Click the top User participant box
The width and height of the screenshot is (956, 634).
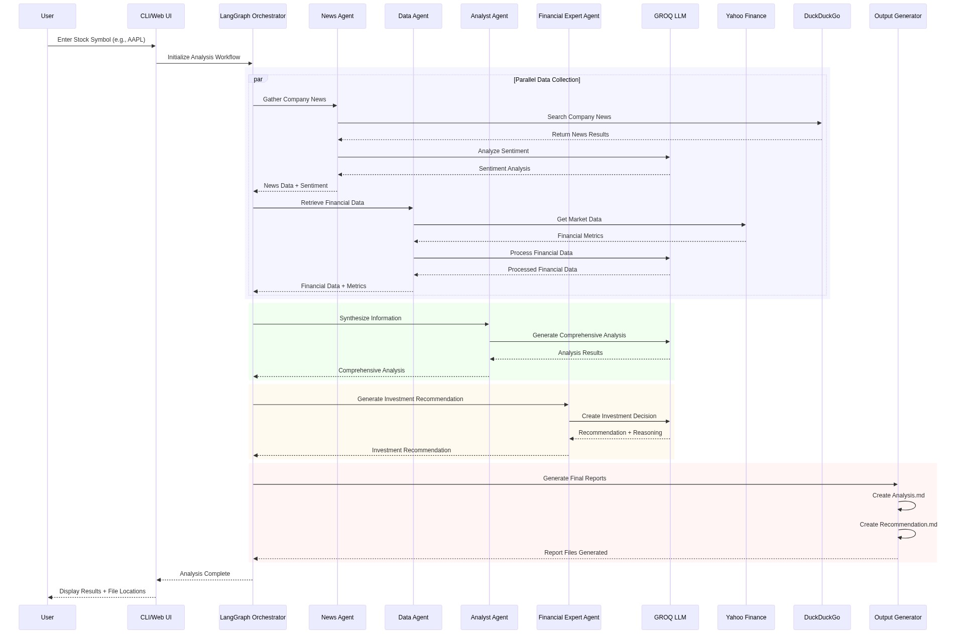point(47,16)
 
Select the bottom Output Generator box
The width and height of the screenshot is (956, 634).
point(897,617)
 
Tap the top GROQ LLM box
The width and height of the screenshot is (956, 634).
point(670,16)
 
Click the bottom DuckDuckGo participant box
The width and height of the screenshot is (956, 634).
point(821,617)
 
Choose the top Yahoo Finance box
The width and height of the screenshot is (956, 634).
point(746,16)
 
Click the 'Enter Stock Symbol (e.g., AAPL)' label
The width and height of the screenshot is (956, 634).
point(101,40)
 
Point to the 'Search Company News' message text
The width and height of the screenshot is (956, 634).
point(579,117)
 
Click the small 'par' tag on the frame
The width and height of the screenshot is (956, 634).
point(258,79)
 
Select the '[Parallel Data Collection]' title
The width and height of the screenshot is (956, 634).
point(546,80)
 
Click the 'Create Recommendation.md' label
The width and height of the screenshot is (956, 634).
point(898,525)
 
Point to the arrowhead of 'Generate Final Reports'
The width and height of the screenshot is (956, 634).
point(895,484)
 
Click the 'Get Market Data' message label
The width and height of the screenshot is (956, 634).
point(579,219)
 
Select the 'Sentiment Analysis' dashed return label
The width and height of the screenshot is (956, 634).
point(504,169)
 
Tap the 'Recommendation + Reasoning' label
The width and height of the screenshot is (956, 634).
point(620,433)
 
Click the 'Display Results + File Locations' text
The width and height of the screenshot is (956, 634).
point(102,591)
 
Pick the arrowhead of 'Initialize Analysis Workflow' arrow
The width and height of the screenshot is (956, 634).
point(250,63)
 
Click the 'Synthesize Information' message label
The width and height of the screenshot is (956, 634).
point(370,318)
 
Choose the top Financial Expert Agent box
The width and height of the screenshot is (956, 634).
point(568,16)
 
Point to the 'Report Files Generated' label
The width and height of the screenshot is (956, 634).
point(575,553)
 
